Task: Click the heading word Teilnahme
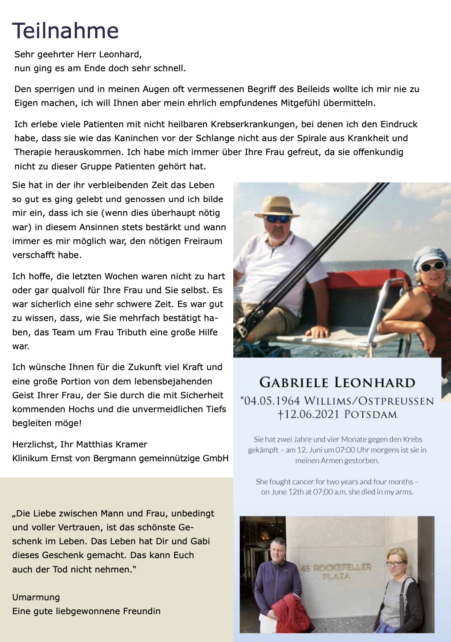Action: tap(65, 31)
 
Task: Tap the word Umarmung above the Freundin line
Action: tap(36, 597)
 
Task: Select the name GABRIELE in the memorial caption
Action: tap(294, 383)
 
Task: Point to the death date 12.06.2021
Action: tap(311, 414)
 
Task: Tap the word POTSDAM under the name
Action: tap(371, 414)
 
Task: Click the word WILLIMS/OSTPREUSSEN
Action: tap(369, 400)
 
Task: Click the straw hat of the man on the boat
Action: tap(277, 207)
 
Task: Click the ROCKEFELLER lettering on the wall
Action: tap(342, 567)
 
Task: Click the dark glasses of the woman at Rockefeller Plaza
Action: tap(395, 564)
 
